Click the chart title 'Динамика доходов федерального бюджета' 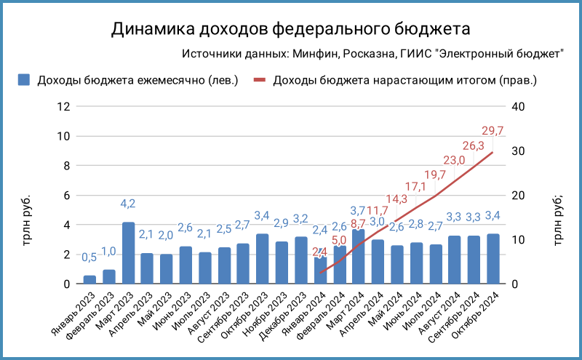(x=291, y=29)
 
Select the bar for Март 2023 (x=128, y=253)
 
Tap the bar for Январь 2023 (x=89, y=279)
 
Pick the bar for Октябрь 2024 (x=493, y=259)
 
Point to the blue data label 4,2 (x=128, y=204)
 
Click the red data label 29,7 (x=493, y=131)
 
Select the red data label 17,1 (x=416, y=187)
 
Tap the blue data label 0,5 (x=89, y=257)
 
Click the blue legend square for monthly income (x=24, y=80)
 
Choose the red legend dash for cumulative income (x=260, y=80)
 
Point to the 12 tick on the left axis (x=63, y=106)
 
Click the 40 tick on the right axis (x=518, y=106)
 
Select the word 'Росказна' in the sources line (x=368, y=54)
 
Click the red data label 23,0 (x=455, y=160)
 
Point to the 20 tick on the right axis (x=518, y=195)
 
